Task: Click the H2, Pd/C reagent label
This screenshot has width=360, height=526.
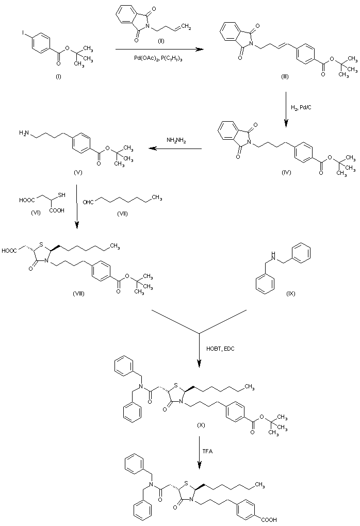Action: [303, 106]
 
